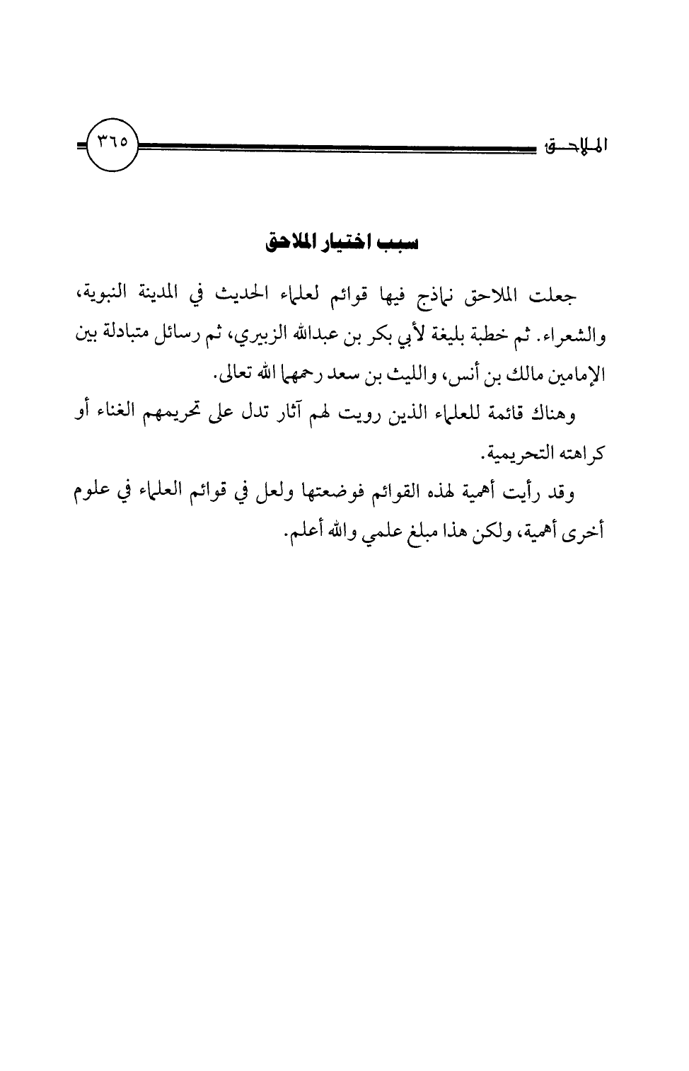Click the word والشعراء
577,336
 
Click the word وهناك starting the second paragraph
555,413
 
